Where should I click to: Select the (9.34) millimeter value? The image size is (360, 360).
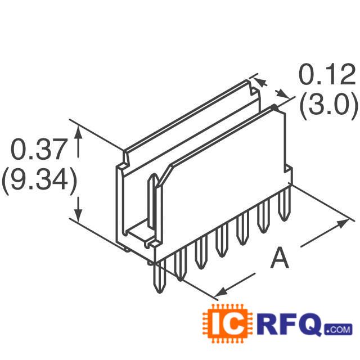click(38, 181)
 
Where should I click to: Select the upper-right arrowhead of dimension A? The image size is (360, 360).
click(343, 223)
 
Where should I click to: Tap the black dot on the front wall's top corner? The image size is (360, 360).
click(274, 107)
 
